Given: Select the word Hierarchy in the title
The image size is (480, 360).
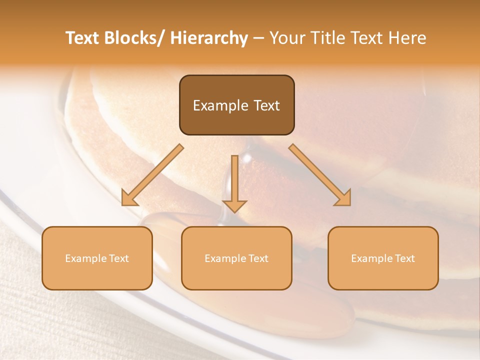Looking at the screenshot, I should [209, 38].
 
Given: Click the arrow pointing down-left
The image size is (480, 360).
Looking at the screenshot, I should [152, 175].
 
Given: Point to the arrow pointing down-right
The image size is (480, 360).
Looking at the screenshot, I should [320, 175].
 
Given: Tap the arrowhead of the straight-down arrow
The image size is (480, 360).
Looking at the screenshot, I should [234, 205].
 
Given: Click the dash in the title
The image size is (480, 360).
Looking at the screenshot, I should [258, 38].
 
